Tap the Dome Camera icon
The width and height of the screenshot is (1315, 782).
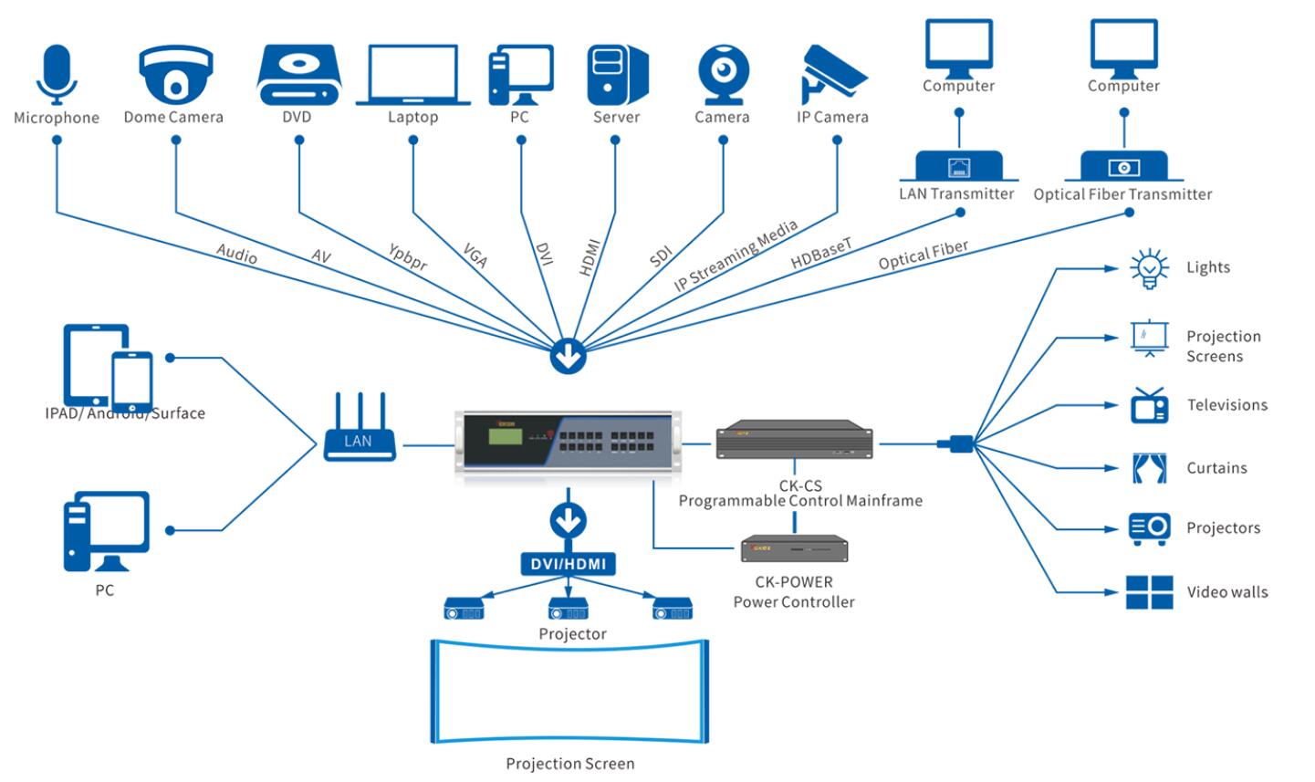click(x=175, y=74)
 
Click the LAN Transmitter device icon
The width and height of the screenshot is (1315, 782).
click(x=958, y=166)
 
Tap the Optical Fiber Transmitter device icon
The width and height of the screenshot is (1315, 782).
click(x=1123, y=166)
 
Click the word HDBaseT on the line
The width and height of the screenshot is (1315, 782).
click(x=821, y=253)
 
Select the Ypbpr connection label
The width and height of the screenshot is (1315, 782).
click(x=408, y=256)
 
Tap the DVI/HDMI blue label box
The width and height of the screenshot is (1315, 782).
click(x=569, y=564)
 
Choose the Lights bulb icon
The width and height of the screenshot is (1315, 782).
click(x=1149, y=269)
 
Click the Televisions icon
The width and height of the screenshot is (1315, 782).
click(x=1149, y=406)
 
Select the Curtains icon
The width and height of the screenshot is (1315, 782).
click(x=1149, y=468)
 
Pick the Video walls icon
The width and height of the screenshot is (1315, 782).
click(x=1149, y=592)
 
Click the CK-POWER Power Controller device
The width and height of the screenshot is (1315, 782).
click(x=794, y=548)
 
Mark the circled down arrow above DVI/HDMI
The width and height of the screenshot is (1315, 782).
click(x=569, y=522)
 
